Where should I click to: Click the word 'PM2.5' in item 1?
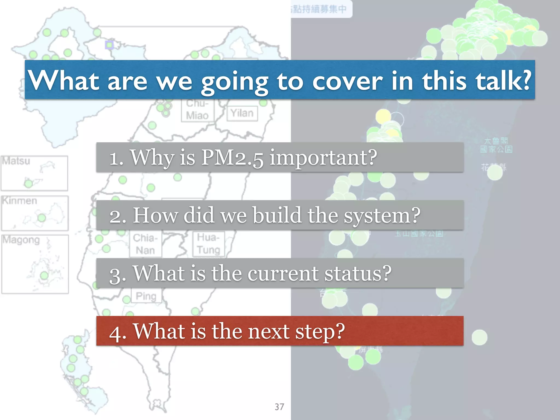click(x=232, y=158)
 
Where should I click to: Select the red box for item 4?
click(x=280, y=331)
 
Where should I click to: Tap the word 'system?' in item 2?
click(x=382, y=216)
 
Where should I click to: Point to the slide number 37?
click(x=279, y=407)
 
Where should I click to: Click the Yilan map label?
click(x=242, y=113)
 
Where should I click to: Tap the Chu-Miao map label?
click(x=197, y=110)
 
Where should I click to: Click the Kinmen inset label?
click(x=19, y=201)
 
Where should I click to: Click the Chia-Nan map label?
click(x=145, y=244)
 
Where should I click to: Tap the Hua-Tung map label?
click(x=208, y=244)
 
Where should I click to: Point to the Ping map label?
click(x=146, y=296)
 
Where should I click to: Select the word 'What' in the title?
click(x=64, y=80)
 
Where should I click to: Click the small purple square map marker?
click(x=109, y=45)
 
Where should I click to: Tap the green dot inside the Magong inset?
click(x=44, y=275)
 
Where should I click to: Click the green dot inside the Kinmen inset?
click(x=42, y=218)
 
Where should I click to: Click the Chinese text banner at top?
click(x=320, y=9)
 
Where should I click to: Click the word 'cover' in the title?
click(x=347, y=81)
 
